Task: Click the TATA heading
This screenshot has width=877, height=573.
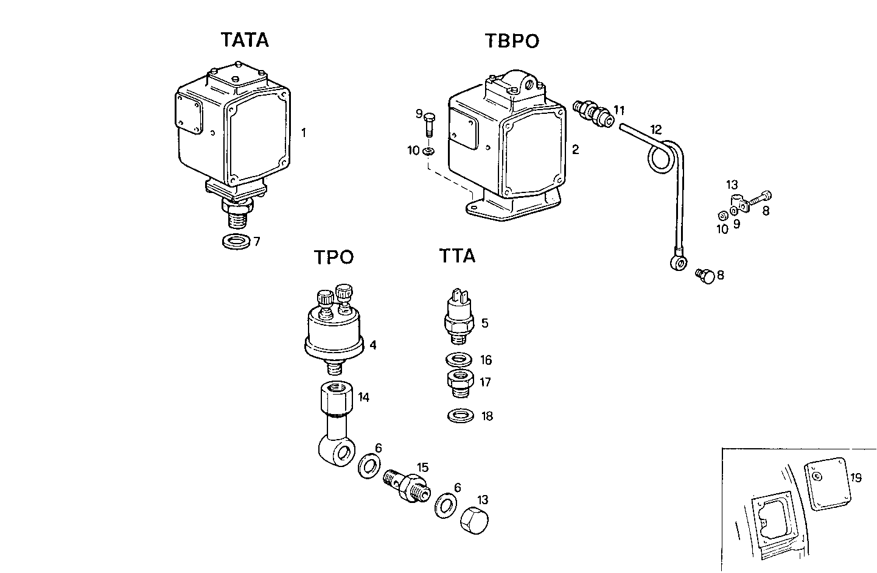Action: [245, 40]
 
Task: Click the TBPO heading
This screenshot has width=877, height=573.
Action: [512, 41]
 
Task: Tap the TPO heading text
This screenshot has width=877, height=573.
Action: [334, 258]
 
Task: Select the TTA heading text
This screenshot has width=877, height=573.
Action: [457, 256]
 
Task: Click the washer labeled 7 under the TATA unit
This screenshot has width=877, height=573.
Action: [236, 242]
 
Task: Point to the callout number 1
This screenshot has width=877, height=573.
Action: [304, 132]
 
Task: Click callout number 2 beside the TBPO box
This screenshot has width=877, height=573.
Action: [575, 149]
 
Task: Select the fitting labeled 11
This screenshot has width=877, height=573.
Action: [593, 113]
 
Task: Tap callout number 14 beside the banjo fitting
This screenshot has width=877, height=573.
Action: [363, 398]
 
